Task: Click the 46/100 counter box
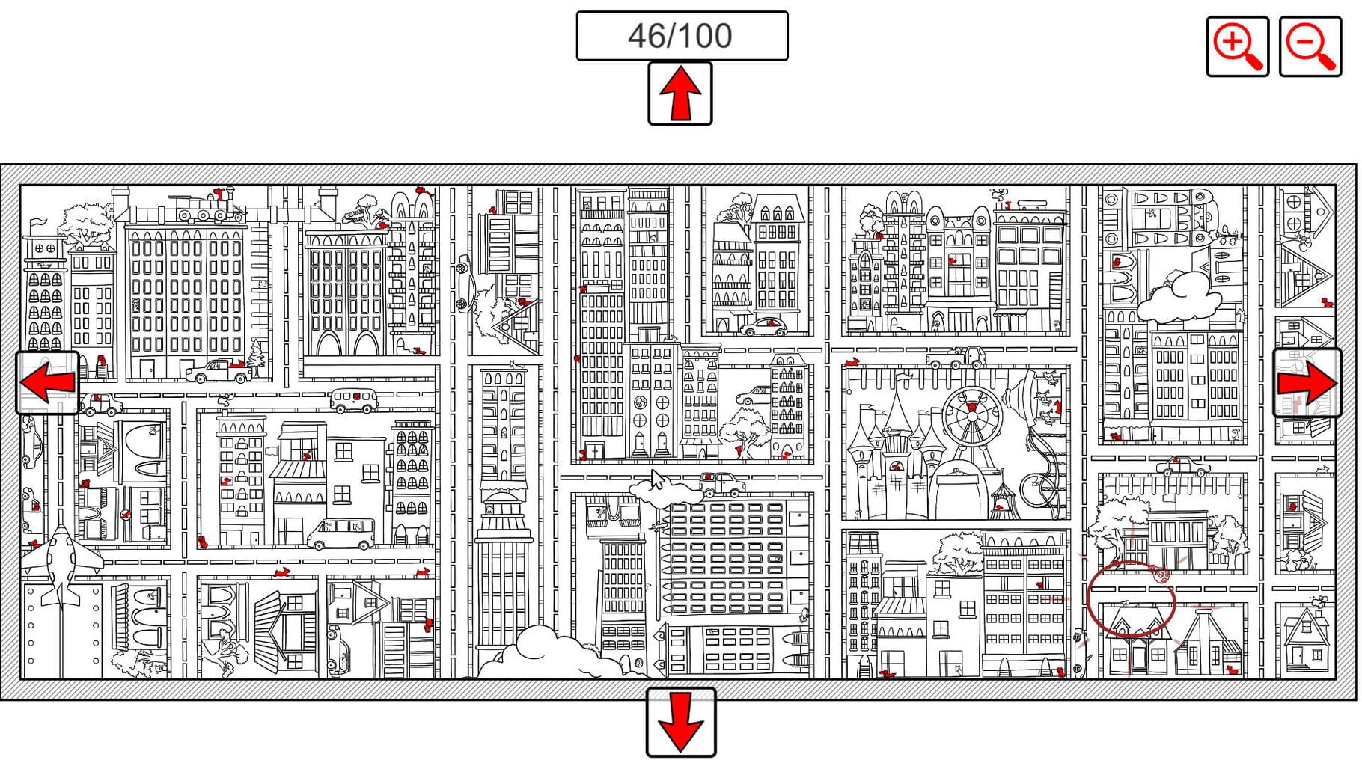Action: [x=682, y=36]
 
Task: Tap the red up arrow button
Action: [x=680, y=94]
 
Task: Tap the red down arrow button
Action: [x=681, y=723]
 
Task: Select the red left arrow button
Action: [x=47, y=383]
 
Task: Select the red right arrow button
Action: [x=1307, y=383]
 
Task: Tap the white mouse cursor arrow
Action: [x=657, y=479]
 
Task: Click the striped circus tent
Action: [x=1004, y=497]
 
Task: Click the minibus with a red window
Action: [x=354, y=400]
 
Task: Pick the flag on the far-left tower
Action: [x=36, y=224]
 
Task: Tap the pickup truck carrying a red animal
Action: [x=219, y=370]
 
